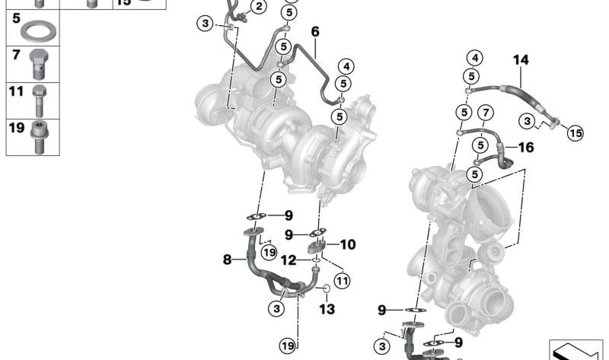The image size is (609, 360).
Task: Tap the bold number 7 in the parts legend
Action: [x=15, y=54]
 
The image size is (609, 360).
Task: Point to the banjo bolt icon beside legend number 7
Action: [x=40, y=64]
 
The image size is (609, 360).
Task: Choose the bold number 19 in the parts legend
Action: [x=17, y=127]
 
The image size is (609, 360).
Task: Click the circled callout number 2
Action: [x=259, y=8]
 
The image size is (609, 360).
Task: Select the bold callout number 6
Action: [x=315, y=32]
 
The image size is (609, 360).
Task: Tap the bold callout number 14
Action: [x=520, y=58]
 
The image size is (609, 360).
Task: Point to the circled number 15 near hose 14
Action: [x=576, y=133]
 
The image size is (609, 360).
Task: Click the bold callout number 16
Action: [x=527, y=147]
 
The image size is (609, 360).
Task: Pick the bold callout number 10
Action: [x=347, y=245]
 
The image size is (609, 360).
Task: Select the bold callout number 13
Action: [x=327, y=309]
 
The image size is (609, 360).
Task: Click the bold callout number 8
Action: [x=227, y=260]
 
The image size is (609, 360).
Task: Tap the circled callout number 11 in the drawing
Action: [x=343, y=281]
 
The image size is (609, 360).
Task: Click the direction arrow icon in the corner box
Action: [x=576, y=349]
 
